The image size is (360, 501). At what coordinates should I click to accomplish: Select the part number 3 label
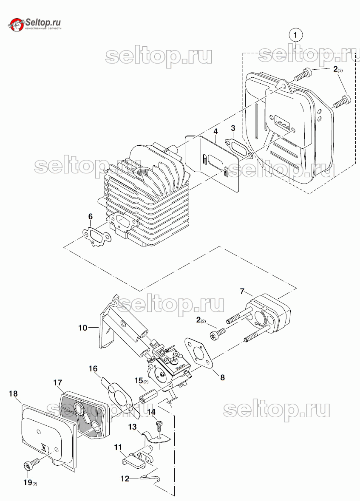pos(233,128)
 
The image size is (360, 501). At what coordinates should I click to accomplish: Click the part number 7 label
pos(242,291)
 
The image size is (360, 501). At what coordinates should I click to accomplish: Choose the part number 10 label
pos(82,328)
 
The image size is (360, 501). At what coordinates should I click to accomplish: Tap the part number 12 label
pos(125,478)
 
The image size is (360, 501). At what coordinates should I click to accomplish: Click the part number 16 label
pos(93,368)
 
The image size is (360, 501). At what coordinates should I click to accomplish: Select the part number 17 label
pos(58,382)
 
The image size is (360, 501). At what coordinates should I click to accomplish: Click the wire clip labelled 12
pos(151,478)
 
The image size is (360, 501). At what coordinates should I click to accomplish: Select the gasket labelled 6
pos(96,236)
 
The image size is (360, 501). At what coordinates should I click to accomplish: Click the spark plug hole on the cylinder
pos(140,173)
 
